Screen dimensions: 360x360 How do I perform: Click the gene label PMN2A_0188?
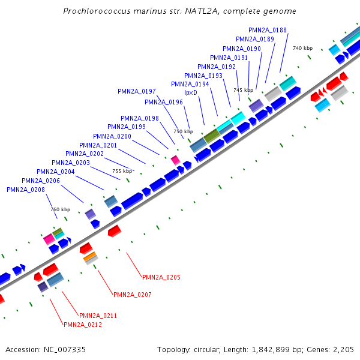pos(267,30)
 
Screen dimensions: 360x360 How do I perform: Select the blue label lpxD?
pos(191,93)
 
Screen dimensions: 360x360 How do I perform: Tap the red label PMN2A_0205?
pos(161,277)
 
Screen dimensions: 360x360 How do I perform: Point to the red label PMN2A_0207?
pos(132,295)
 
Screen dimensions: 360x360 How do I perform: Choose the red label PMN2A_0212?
pos(83,325)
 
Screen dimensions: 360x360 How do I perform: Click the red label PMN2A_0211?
pos(98,316)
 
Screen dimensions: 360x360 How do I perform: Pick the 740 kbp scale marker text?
pos(302,48)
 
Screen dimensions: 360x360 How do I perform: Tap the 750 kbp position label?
pos(183,131)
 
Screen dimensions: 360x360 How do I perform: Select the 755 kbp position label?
pos(122,171)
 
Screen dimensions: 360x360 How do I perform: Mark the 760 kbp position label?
pos(60,209)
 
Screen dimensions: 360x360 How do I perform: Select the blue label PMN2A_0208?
pos(26,190)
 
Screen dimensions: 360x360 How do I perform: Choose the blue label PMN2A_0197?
pos(136,91)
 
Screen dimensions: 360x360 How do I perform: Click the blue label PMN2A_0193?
pos(203,76)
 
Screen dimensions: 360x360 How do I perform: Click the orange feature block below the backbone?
pos(91,257)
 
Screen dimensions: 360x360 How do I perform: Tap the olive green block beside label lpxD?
pos(211,136)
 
